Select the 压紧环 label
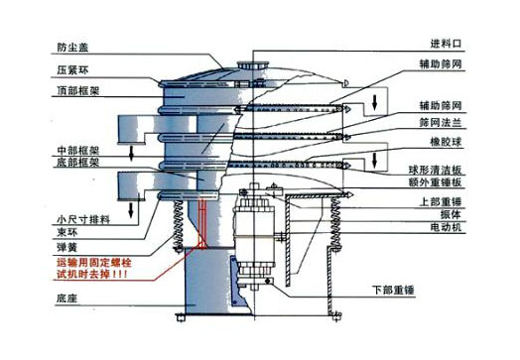[72, 69]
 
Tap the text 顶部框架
[77, 91]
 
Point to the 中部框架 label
[76, 150]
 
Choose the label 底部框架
[76, 162]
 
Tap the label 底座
[67, 297]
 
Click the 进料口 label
[446, 45]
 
